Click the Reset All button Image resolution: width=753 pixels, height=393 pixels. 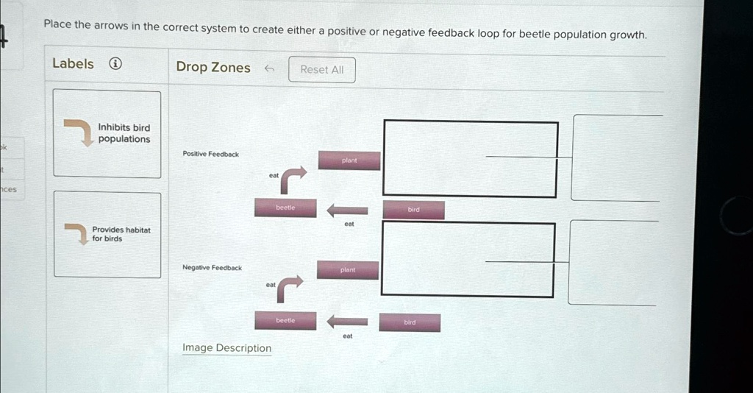click(x=321, y=70)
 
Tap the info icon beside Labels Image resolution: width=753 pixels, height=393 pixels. click(x=115, y=64)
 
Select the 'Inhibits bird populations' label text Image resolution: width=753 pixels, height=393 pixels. click(x=124, y=133)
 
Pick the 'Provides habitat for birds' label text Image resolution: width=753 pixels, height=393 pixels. click(x=121, y=234)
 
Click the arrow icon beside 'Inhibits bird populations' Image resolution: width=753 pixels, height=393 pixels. click(x=76, y=131)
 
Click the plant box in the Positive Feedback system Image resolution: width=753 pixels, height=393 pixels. click(x=349, y=160)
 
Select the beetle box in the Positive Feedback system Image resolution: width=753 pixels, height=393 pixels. click(x=285, y=208)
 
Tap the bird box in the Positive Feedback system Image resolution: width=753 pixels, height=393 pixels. click(x=413, y=210)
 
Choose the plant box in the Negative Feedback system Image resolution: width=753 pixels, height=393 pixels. click(x=348, y=270)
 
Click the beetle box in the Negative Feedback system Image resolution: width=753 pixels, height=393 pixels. click(x=285, y=321)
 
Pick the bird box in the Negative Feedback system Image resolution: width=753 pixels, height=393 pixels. click(x=410, y=322)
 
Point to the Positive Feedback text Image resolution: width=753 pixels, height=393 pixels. click(x=210, y=155)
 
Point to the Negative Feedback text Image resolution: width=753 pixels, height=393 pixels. click(x=212, y=268)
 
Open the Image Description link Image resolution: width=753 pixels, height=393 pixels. click(x=226, y=348)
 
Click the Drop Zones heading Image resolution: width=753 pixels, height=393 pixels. click(x=213, y=68)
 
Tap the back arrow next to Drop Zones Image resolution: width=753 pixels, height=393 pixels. click(x=269, y=68)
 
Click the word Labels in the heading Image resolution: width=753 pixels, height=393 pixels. click(x=73, y=64)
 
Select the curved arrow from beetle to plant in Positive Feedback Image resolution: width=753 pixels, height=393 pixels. click(x=293, y=178)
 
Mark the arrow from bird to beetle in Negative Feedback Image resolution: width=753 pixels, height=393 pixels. click(x=347, y=321)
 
